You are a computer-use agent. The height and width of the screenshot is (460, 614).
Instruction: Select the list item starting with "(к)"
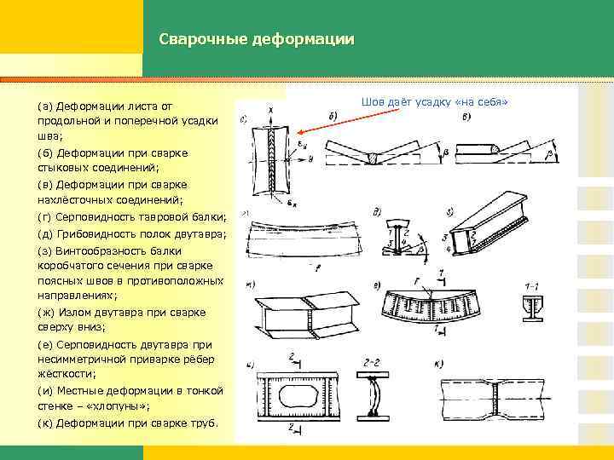(x=128, y=423)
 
